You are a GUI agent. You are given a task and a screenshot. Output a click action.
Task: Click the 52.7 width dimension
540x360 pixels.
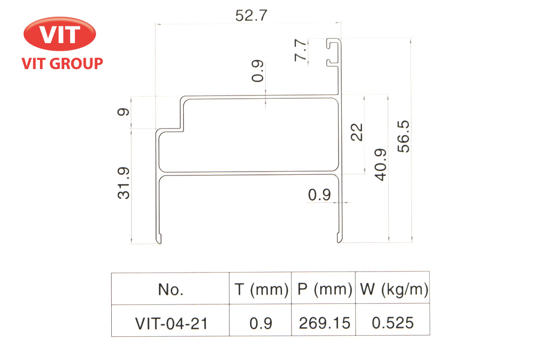pos(251,15)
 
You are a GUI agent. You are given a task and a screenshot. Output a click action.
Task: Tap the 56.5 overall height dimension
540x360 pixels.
pos(404,136)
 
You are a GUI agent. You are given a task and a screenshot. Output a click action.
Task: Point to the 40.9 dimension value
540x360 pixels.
pos(380,164)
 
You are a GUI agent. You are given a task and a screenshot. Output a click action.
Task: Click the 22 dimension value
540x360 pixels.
pos(357,132)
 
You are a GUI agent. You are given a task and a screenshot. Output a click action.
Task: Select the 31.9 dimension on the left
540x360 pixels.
pos(124,183)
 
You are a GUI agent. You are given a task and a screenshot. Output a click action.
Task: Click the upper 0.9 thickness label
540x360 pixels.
pos(258,72)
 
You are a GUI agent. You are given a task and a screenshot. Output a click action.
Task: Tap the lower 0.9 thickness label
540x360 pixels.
pos(319,195)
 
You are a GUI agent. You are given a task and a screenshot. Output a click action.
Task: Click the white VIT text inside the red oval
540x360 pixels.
pos(60,35)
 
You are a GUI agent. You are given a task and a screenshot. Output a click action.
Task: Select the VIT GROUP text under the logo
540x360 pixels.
pos(62,64)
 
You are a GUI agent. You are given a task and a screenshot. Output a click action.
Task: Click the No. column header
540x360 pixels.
pos(171,290)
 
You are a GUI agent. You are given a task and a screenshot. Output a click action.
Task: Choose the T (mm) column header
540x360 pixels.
pos(261,290)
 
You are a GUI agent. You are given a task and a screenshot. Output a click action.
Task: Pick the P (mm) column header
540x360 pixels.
pos(324,290)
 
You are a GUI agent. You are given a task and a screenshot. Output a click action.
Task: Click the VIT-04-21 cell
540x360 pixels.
pos(171,323)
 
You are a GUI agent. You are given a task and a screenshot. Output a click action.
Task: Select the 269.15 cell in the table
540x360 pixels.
pos(324,323)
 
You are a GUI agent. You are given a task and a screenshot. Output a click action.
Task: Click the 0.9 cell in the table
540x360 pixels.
pos(261,323)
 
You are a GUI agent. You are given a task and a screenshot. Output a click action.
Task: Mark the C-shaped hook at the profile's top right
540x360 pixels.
pos(335,52)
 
